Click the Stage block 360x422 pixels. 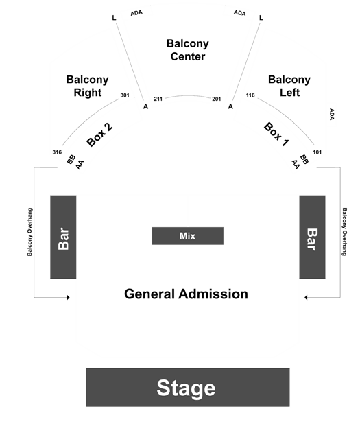pos(188,387)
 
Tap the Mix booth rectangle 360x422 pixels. pos(188,236)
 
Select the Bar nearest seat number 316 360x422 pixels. pos(63,237)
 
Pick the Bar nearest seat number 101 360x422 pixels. pos(313,237)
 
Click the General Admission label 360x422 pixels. pos(186,294)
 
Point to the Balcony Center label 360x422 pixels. pos(188,50)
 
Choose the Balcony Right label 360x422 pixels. pos(87,86)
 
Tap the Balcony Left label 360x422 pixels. pos(289,86)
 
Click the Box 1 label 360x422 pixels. pos(276,134)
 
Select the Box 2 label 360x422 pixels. pos(99,135)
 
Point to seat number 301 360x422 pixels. pos(125,95)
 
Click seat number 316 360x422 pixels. pos(57,152)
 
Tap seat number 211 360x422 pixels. pos(158,99)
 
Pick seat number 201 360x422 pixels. pos(217,99)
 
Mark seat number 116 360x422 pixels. pos(250,95)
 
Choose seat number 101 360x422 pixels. pos(317,152)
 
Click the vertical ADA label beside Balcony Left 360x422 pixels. pos(332,115)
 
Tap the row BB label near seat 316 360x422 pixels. pos(71,159)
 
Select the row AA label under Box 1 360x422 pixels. pos(296,165)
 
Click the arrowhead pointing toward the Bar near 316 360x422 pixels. pos(69,297)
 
